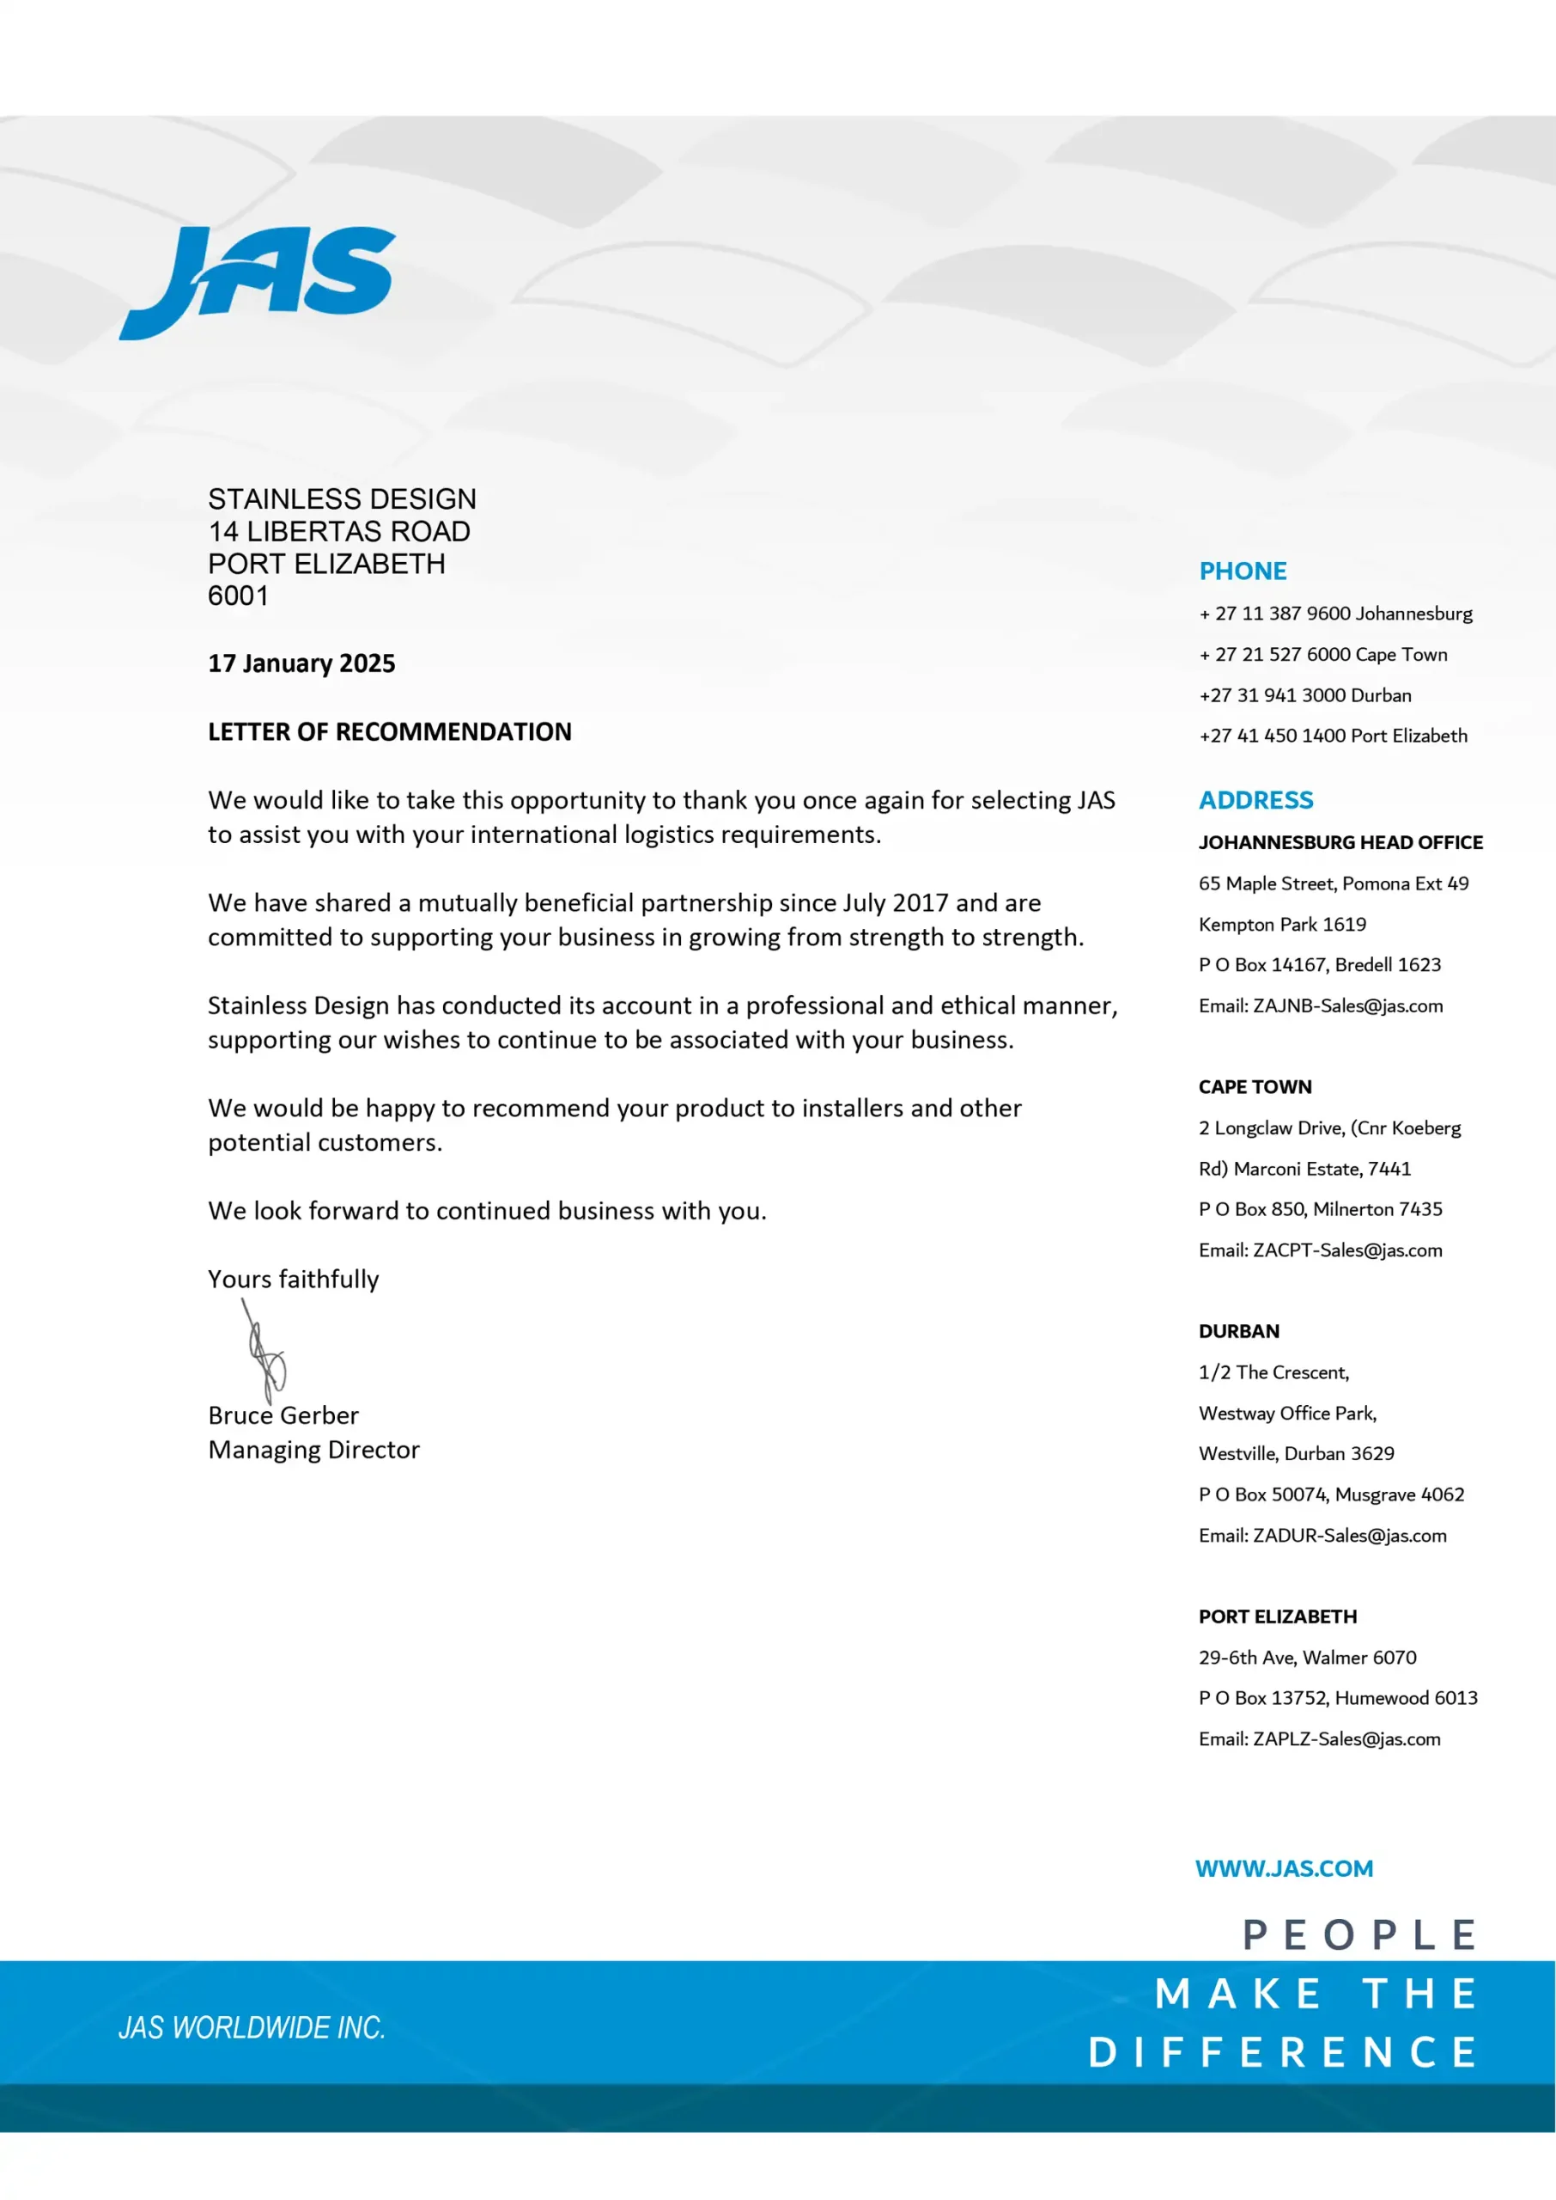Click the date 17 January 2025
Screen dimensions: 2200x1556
click(301, 663)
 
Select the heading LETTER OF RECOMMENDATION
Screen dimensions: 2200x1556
click(389, 731)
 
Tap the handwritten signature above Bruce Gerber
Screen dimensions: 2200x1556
click(265, 1352)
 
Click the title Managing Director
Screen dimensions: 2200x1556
click(313, 1450)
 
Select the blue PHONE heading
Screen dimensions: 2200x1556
click(1243, 571)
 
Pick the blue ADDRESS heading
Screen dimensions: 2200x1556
click(1255, 800)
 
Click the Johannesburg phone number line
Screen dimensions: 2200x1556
click(1334, 614)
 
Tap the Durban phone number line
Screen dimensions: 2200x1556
click(1304, 695)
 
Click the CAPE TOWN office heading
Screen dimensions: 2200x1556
click(1255, 1087)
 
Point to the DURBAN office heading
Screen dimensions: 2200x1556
click(1238, 1331)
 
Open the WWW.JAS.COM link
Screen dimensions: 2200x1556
click(1283, 1868)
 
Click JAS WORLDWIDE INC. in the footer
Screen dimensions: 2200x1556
click(251, 2027)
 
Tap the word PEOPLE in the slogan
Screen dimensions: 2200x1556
click(1358, 1934)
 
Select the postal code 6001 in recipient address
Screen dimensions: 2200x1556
click(238, 596)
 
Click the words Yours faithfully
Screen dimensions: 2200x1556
click(293, 1279)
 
